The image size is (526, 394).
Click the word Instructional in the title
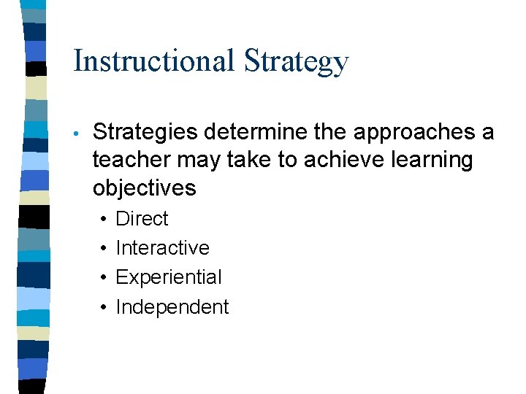tap(154, 61)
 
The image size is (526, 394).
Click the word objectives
tap(144, 189)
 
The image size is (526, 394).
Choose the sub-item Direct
tap(142, 219)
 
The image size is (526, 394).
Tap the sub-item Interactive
tap(162, 248)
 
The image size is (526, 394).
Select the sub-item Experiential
tap(168, 278)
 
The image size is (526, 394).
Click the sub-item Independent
tap(172, 307)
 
